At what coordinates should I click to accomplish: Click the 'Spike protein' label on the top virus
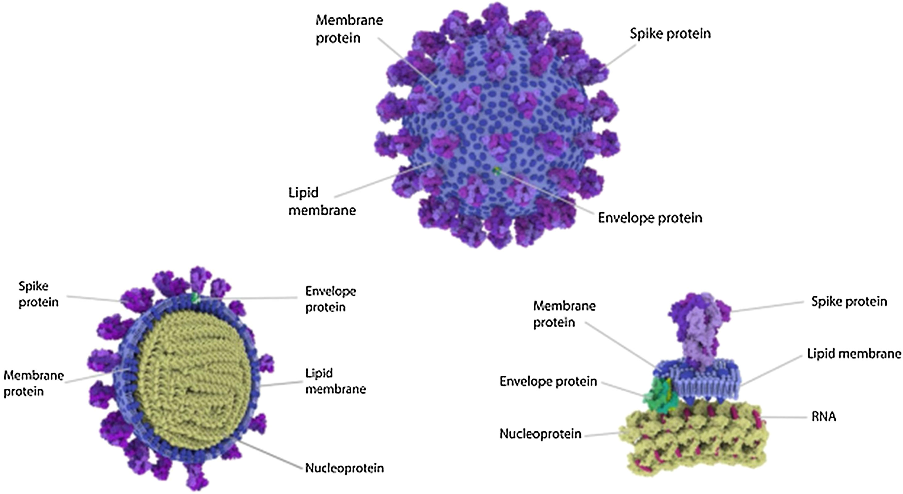tap(670, 34)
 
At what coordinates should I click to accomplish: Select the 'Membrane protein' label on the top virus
tap(349, 29)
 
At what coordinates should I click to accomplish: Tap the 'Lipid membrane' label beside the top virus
tap(322, 202)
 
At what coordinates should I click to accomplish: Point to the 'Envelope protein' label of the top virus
tap(650, 218)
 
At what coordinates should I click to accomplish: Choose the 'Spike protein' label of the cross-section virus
tap(38, 294)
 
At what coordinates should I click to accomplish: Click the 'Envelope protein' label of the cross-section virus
tap(331, 299)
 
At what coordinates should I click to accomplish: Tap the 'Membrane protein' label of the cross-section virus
tap(34, 383)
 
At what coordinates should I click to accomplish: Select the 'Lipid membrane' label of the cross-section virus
tap(336, 381)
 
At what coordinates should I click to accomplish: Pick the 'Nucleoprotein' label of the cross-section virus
tap(344, 468)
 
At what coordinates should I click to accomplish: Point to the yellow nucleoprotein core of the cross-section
tap(193, 379)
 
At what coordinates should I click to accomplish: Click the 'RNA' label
tap(824, 416)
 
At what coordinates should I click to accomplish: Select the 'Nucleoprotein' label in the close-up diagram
tap(540, 434)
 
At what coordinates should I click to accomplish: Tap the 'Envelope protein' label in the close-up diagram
tap(548, 381)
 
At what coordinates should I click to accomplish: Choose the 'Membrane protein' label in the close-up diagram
tap(564, 314)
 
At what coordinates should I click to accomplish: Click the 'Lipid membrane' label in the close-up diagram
tap(854, 354)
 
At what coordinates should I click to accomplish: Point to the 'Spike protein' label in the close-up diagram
tap(849, 302)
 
